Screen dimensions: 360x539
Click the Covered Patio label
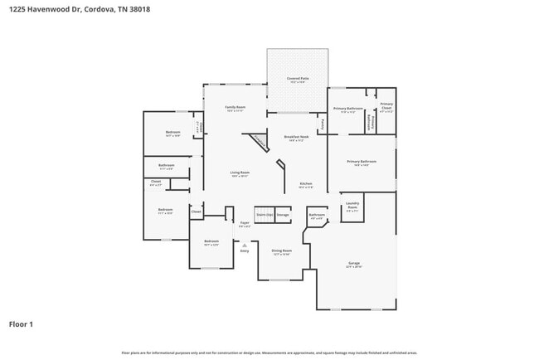[x=297, y=80]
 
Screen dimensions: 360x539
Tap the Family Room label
[x=236, y=108]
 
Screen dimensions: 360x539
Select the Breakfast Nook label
[x=296, y=138]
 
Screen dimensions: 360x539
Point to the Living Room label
[x=240, y=173]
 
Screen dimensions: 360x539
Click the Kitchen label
[x=305, y=185]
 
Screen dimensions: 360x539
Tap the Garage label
[x=354, y=265]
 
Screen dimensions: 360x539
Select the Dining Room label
[x=282, y=251]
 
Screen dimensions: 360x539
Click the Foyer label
[x=245, y=223]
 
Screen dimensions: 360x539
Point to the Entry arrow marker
[x=245, y=246]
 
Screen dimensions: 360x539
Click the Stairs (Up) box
[x=264, y=214]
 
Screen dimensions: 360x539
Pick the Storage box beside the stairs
[x=283, y=214]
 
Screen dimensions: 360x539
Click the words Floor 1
[x=21, y=324]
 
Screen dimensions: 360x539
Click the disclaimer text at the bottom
[x=269, y=353]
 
